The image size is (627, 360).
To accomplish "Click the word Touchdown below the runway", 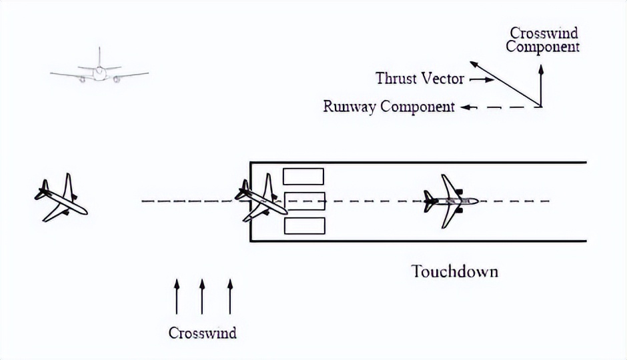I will click(454, 272).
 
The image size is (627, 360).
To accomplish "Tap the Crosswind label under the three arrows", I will click(202, 333).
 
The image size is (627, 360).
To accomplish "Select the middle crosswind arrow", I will click(202, 297).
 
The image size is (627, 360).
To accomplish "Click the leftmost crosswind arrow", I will click(177, 297).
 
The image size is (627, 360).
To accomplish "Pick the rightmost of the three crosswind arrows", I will click(230, 297).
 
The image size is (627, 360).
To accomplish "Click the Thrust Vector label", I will click(420, 79).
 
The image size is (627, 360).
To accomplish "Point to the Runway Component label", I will click(389, 107).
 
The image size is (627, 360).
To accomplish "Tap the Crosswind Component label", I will click(542, 40).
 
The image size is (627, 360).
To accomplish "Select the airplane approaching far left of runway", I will click(61, 197).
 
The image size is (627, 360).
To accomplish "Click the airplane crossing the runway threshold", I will click(261, 197).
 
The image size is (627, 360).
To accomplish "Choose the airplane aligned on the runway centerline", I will click(452, 201).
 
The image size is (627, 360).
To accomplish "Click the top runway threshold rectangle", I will click(303, 177).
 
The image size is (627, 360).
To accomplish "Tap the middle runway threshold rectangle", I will click(304, 201).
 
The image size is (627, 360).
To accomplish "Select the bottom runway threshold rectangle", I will click(304, 225).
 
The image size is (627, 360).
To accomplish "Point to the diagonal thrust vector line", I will click(505, 84).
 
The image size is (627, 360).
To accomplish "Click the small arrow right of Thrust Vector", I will click(482, 80).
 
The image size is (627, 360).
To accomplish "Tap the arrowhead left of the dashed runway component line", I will click(465, 107).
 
